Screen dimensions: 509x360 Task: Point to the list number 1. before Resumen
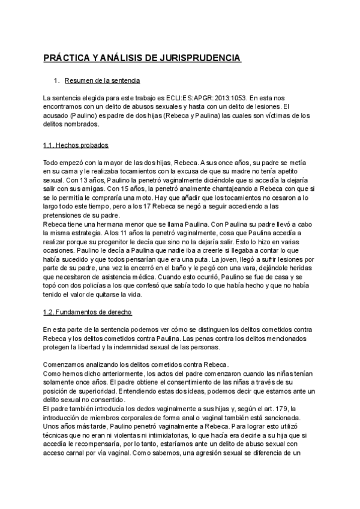tap(57, 80)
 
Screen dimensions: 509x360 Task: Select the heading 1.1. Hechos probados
tap(76, 146)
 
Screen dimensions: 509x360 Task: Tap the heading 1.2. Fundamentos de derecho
tap(88, 313)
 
